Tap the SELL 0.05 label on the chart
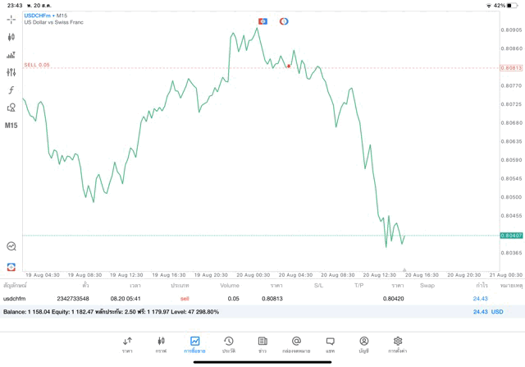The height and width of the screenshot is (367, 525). (37, 64)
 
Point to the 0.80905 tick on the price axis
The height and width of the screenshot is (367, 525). (510, 30)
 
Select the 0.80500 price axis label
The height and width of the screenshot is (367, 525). (510, 197)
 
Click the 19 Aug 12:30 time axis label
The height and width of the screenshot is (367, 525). (126, 275)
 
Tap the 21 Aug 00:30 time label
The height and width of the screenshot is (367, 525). (504, 275)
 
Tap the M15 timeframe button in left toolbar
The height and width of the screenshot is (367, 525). (11, 126)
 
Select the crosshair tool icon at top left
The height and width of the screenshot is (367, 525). (11, 18)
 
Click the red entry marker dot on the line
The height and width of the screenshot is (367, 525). (289, 66)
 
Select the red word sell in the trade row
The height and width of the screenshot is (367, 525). (185, 299)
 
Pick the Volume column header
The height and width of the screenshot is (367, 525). (230, 286)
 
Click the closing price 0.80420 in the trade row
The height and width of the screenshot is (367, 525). (392, 299)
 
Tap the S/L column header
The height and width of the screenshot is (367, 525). (318, 286)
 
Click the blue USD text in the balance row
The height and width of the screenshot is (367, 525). (496, 312)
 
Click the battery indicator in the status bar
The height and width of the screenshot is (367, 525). (510, 5)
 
